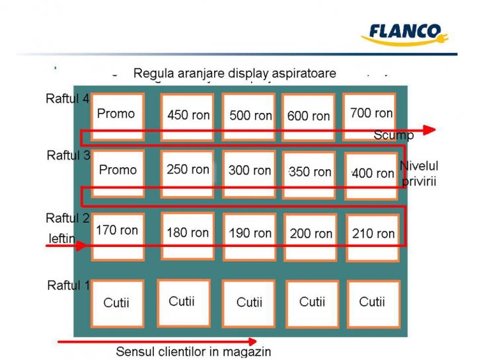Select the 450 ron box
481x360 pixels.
coord(188,116)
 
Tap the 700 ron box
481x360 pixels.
coord(371,116)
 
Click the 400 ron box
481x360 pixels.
coord(372,175)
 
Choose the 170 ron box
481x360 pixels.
coord(118,234)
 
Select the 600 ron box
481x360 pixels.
coord(309,117)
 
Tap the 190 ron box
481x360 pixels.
coord(250,235)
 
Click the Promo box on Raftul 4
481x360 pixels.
coord(117,116)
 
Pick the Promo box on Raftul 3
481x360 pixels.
coord(118,172)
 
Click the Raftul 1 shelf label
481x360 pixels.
coord(68,285)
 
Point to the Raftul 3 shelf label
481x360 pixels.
coord(68,156)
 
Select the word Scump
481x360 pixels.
coord(393,135)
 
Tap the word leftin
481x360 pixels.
coord(62,238)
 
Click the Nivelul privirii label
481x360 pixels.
coord(419,173)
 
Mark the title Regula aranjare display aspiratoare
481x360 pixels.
coord(235,73)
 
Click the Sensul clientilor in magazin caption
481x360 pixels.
coord(193,352)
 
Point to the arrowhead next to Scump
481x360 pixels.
coord(429,130)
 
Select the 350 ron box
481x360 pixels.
coord(311,173)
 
